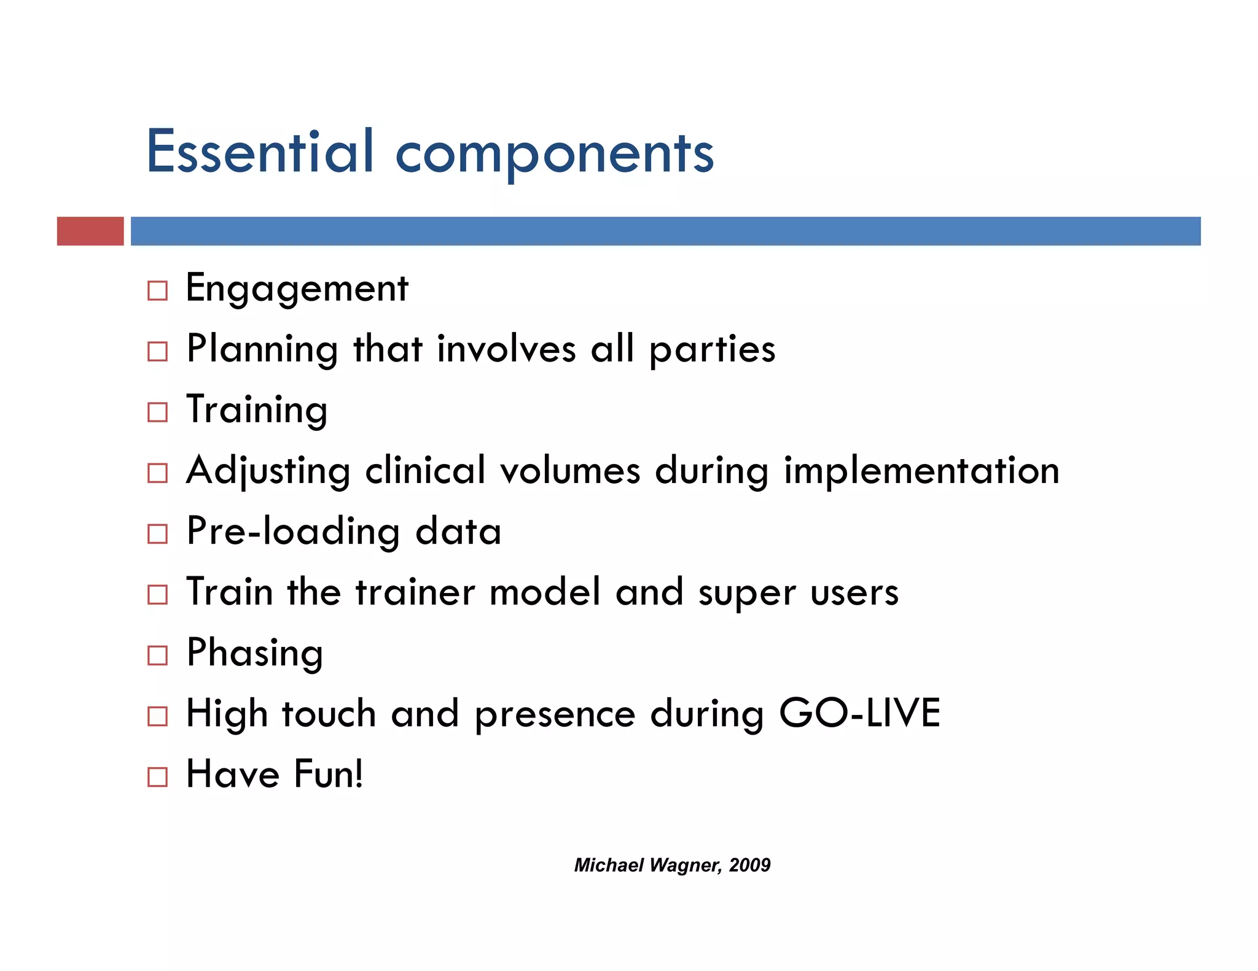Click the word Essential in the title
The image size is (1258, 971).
tap(260, 152)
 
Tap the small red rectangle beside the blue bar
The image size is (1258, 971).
tap(90, 231)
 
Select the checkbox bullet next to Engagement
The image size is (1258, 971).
tap(157, 290)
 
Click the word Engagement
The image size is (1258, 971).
tap(297, 288)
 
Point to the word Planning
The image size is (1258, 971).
tap(262, 349)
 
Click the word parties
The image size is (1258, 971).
tap(712, 349)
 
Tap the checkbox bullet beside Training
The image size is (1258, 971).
tap(157, 412)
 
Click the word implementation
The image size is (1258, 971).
tap(921, 471)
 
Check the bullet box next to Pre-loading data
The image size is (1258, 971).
tap(157, 533)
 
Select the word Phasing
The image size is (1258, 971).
tap(255, 652)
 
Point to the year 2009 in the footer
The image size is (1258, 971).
tap(749, 865)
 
